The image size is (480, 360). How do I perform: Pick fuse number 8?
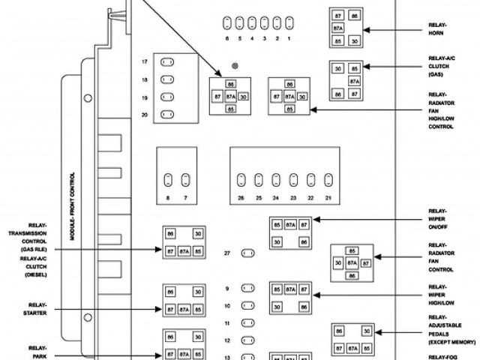pos(168,179)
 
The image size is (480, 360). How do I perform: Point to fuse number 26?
pos(241,180)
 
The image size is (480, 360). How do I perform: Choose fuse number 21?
pos(328,180)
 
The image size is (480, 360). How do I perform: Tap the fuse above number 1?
pos(289,22)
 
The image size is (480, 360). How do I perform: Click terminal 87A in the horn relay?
pos(338,27)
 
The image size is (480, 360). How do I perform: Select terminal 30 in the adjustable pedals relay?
pos(366,331)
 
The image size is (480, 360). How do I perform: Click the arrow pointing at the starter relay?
pos(112,309)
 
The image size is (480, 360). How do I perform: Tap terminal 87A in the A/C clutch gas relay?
pos(352,81)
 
